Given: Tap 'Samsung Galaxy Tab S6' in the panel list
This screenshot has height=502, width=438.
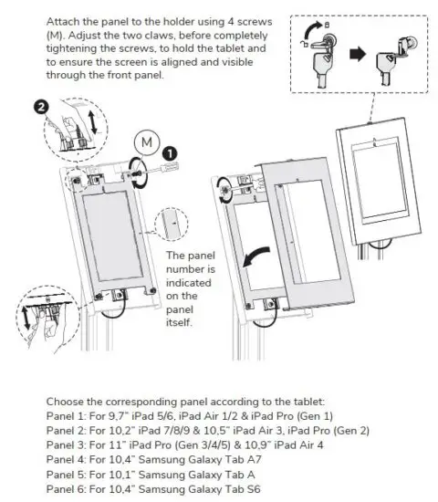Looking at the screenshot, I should coord(189,490).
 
